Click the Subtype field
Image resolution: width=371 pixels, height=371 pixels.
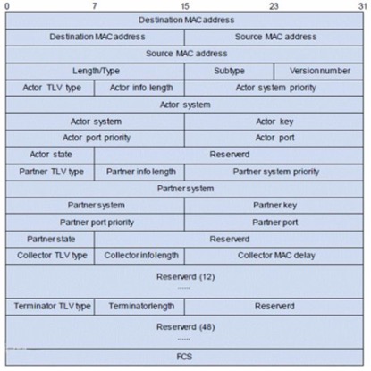coord(229,72)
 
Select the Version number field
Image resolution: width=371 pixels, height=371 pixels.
coord(318,72)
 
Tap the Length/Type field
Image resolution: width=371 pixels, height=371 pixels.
coord(95,72)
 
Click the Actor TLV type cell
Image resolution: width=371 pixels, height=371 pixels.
coord(50,88)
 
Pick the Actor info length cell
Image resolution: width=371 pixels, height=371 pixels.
coord(139,88)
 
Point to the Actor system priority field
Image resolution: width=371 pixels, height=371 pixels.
coord(274,88)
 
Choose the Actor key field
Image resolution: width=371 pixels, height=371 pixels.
coord(274,122)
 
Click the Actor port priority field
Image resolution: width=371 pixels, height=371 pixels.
coord(95,138)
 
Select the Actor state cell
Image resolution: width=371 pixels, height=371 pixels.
coord(50,156)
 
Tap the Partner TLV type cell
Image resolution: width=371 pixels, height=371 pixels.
coord(50,173)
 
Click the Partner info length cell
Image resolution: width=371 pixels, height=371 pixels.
coord(139,173)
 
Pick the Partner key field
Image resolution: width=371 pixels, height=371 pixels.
coord(274,206)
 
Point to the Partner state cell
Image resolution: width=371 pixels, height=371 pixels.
coord(50,240)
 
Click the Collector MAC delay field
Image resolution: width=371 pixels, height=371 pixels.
coord(274,256)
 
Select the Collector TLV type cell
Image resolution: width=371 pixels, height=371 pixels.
coord(50,256)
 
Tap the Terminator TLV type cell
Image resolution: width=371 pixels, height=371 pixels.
coord(50,307)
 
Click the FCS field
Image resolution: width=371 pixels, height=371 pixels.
coord(184,357)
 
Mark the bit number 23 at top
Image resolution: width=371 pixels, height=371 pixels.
coord(274,6)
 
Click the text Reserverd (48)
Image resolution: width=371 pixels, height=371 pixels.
coord(185,327)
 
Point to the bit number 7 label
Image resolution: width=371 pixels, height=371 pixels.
coord(95,6)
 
